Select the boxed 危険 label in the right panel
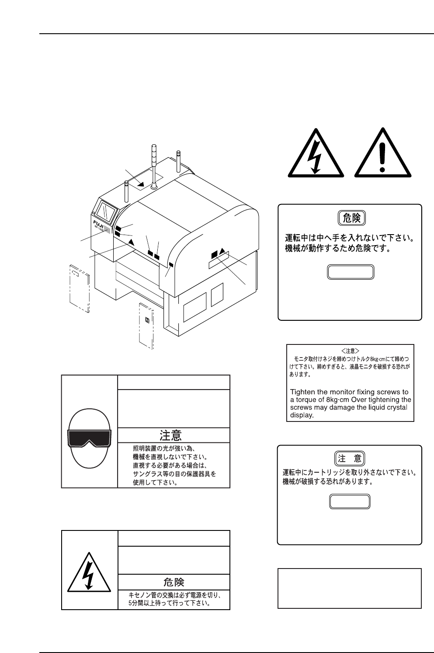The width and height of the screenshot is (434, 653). [352, 218]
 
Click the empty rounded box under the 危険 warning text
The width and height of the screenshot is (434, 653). [351, 272]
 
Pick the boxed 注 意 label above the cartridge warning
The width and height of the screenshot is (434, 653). [350, 459]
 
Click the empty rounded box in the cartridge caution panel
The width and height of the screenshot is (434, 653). [350, 502]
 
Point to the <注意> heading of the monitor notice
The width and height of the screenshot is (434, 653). [350, 351]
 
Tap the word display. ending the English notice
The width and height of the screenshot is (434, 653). [302, 415]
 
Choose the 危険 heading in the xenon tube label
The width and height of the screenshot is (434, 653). [174, 582]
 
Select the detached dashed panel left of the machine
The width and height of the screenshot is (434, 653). [80, 288]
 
